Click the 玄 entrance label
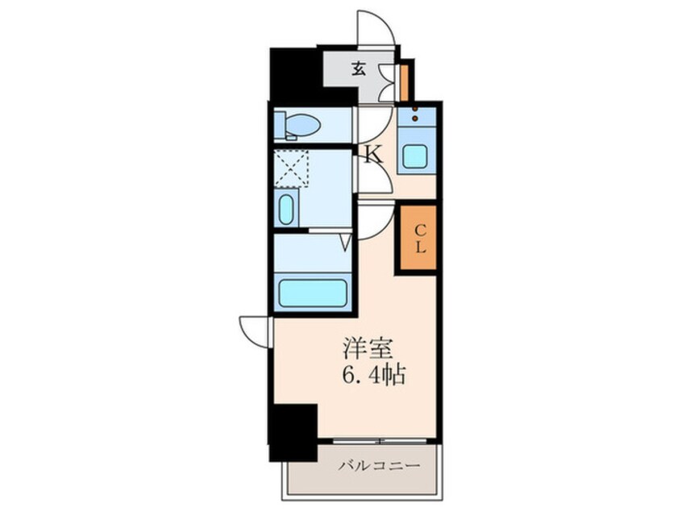coord(359,69)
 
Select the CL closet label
coord(420,239)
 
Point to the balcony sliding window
coord(379,441)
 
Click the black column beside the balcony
coord(292,431)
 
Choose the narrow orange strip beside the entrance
coord(405,81)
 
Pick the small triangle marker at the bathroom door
coord(345,241)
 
